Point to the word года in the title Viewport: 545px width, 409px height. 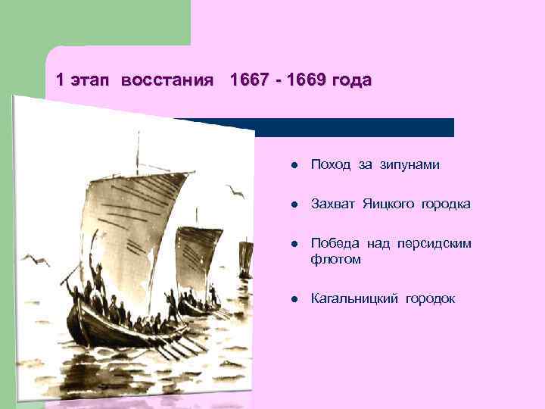(350, 80)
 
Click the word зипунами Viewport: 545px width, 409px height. (412, 165)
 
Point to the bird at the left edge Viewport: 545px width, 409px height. (36, 261)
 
